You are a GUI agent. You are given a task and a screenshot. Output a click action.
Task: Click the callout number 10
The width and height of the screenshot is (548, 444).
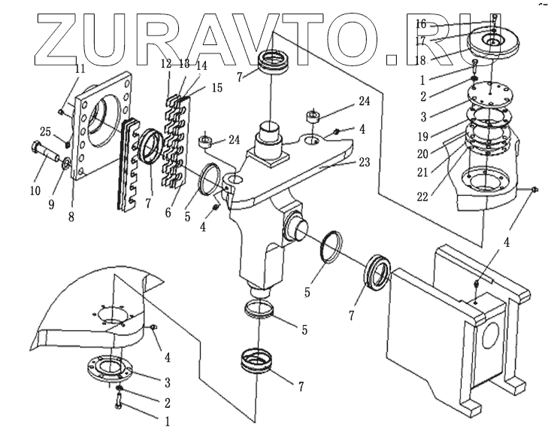(x=35, y=191)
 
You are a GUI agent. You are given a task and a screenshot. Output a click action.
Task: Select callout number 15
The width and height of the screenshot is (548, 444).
(x=216, y=88)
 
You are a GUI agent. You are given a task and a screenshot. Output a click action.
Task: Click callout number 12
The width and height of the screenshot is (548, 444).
(x=166, y=65)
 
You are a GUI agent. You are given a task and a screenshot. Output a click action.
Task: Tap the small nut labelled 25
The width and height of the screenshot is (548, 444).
(x=66, y=143)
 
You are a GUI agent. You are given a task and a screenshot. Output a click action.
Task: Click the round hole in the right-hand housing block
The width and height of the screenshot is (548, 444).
(x=490, y=337)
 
